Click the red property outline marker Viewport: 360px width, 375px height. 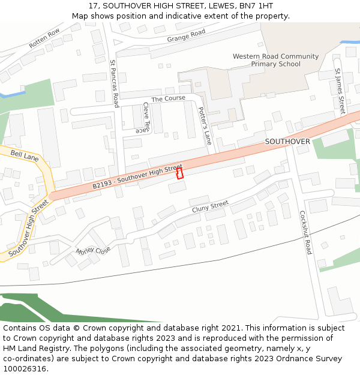click(179, 173)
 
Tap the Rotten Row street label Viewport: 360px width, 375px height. click(44, 38)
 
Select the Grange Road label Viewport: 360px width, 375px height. click(186, 36)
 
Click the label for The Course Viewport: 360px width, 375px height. click(168, 98)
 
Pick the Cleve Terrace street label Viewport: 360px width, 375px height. click(144, 118)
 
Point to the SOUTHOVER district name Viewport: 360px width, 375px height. click(287, 142)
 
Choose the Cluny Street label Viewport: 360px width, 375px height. click(210, 207)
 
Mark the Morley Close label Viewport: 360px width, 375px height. click(93, 250)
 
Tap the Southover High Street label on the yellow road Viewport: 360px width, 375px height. click(28, 229)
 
